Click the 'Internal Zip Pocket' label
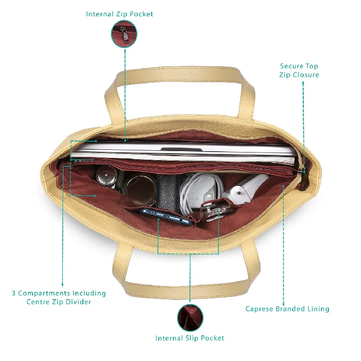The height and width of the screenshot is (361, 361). (120, 14)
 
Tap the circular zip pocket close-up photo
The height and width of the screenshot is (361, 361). (124, 34)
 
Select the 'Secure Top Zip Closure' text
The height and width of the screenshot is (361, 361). (299, 70)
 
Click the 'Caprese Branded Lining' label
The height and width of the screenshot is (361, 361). (287, 309)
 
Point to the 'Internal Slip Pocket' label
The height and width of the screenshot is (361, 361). (190, 338)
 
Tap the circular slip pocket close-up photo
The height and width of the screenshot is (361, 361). (190, 318)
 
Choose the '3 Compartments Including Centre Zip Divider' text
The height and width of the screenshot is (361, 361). (59, 297)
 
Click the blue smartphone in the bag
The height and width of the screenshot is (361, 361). (166, 217)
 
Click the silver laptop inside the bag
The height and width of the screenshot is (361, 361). (183, 152)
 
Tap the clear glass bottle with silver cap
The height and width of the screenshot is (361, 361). (107, 176)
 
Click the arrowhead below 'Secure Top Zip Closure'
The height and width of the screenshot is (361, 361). (303, 83)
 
